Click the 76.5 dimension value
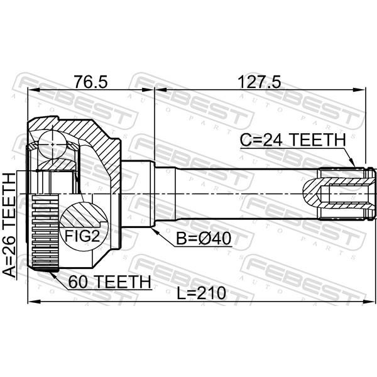(90, 82)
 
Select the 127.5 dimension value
(259, 82)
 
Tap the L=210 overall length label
(202, 293)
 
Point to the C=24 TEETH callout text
(293, 140)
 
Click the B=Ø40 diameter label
(204, 239)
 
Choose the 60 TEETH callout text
(110, 281)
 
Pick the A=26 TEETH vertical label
(9, 225)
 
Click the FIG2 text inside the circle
(82, 236)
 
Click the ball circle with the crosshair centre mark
(52, 145)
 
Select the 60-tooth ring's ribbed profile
(45, 233)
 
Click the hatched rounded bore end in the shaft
(312, 193)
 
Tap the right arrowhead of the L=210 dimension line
(369, 302)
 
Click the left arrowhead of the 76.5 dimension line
(35, 90)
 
